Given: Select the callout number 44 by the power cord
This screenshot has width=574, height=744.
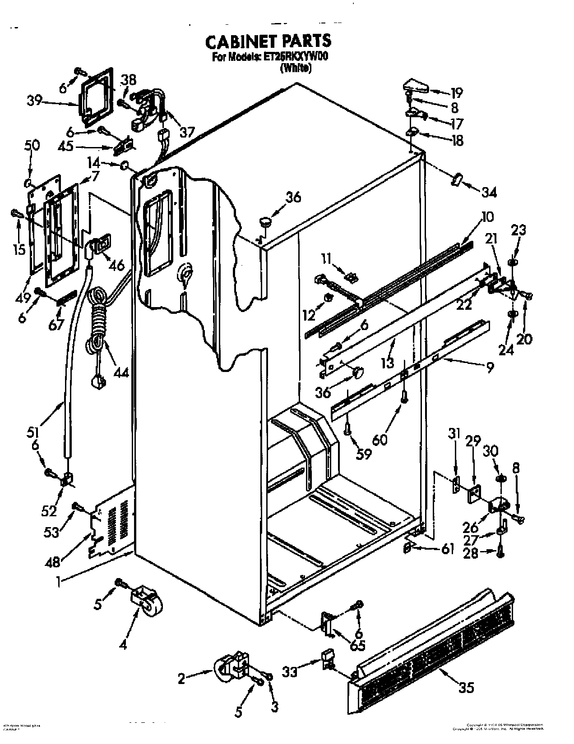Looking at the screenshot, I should coord(120,372).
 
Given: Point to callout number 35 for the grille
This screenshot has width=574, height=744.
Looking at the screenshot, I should coord(467,688).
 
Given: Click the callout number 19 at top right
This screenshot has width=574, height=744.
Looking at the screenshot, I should coord(456,93).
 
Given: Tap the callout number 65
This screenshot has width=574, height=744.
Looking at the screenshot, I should coord(358,645).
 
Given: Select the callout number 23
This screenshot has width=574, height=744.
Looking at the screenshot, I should coord(518,230).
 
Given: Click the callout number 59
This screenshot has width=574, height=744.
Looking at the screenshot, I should coord(363,454).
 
